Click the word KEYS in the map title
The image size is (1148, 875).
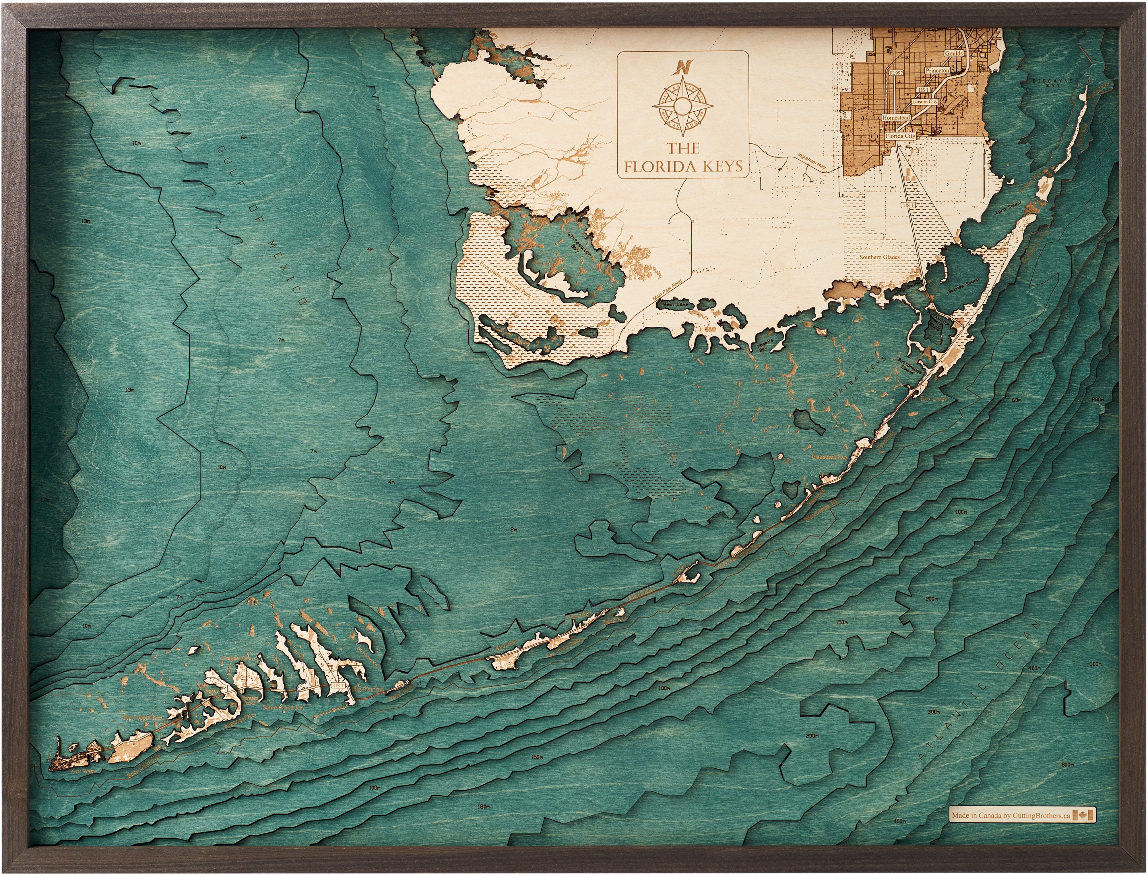(717, 167)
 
